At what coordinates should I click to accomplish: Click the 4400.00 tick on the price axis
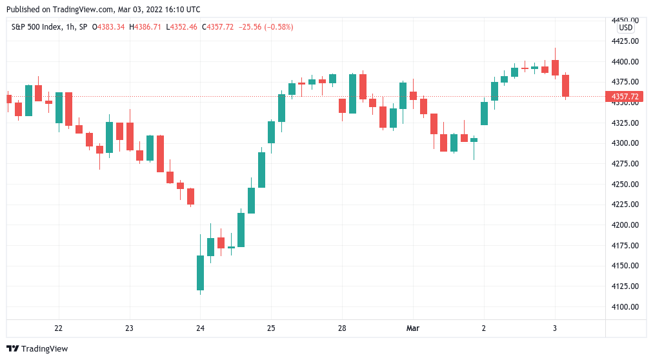point(625,61)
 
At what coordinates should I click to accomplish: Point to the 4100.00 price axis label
point(625,306)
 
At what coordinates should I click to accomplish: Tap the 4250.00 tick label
point(625,184)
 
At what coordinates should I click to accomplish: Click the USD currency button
point(625,28)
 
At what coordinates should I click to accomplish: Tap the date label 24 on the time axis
point(200,328)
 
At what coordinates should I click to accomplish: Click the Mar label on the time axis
point(413,328)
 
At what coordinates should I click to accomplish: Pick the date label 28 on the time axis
point(342,328)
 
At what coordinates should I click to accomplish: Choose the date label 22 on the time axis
point(59,328)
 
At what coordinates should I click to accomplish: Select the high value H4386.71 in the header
point(146,27)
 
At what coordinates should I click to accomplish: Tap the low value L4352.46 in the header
point(182,27)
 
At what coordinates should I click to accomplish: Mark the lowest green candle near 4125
point(200,273)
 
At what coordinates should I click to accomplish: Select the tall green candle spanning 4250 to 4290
point(261,170)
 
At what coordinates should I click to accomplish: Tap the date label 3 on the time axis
point(555,328)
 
